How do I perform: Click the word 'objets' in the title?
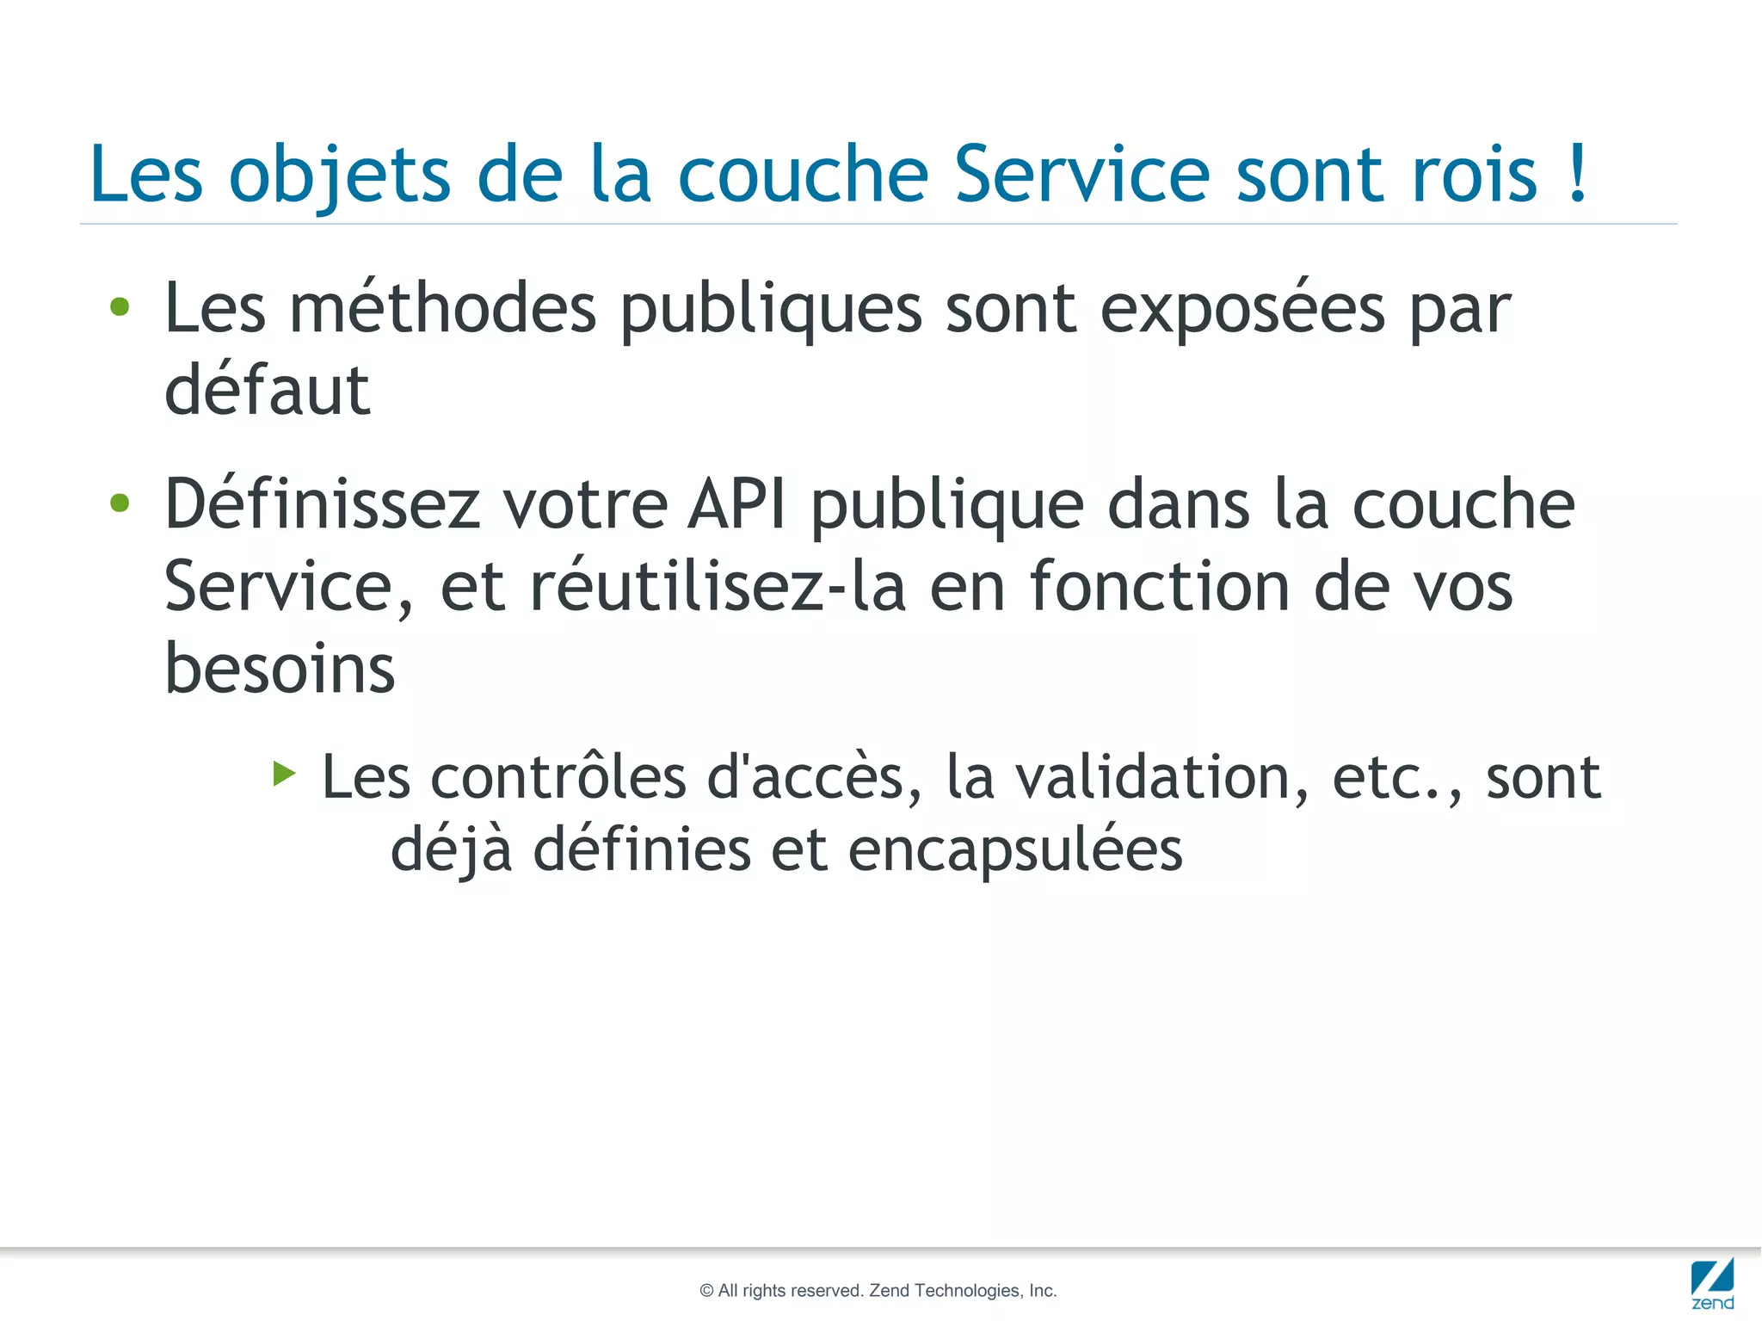tap(339, 176)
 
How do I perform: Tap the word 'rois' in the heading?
tap(1474, 176)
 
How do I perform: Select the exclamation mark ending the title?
tap(1577, 172)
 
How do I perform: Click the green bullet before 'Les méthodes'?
tap(120, 307)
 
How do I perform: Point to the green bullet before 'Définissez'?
tap(120, 503)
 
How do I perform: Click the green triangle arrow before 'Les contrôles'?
tap(284, 774)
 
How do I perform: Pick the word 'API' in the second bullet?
tap(736, 504)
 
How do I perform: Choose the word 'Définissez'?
tap(322, 504)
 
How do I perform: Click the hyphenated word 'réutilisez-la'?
tap(718, 586)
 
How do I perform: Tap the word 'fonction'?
tap(1159, 586)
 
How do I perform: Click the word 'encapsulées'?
tap(1015, 849)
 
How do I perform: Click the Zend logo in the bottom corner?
tap(1712, 1283)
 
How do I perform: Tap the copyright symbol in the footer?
tap(706, 1291)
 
